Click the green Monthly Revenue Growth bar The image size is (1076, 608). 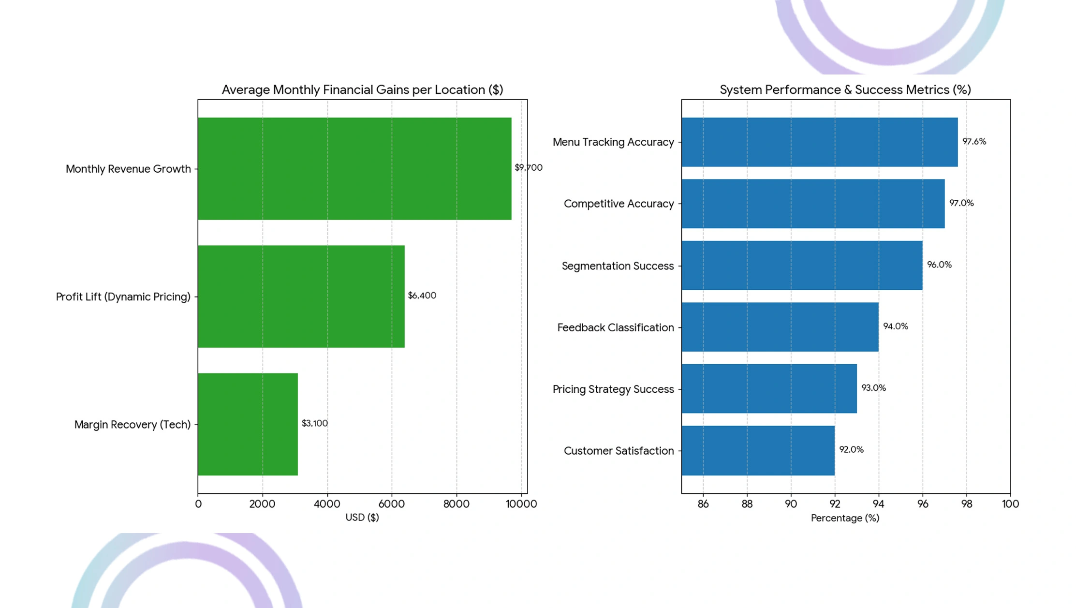tap(354, 168)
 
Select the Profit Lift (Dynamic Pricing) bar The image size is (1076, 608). tap(301, 296)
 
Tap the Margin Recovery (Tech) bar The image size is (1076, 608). tap(248, 424)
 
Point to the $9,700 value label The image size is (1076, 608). tap(528, 167)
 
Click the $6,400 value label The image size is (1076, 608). tap(422, 295)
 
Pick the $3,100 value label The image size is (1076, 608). tap(314, 423)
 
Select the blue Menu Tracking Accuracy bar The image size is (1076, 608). tap(819, 142)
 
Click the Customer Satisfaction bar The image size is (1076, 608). tap(758, 450)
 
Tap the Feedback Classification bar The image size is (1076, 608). tap(780, 327)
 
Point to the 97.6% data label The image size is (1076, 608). tap(974, 141)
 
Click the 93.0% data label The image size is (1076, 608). tap(873, 387)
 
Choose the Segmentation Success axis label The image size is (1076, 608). tap(618, 266)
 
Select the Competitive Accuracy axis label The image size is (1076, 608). tap(619, 204)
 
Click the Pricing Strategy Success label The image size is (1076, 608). tap(613, 389)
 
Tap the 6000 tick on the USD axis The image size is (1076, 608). tap(391, 504)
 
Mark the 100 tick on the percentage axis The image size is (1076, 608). tap(1010, 504)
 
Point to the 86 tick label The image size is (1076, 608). tap(703, 504)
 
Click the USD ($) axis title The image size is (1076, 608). tap(362, 517)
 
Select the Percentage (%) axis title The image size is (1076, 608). tap(845, 518)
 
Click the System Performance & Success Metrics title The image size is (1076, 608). tap(845, 89)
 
